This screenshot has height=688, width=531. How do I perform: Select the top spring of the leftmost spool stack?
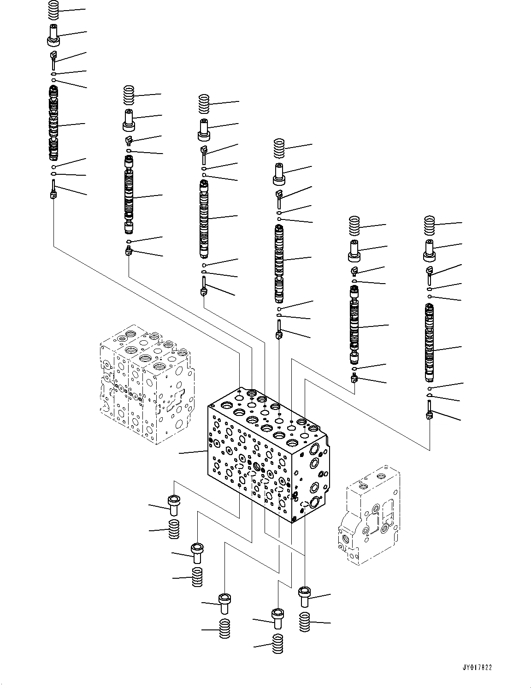pos(54,11)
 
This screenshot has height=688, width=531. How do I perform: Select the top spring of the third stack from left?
pos(204,103)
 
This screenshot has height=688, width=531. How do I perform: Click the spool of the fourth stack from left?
pos(279,261)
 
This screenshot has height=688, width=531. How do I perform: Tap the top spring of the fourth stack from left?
pos(279,148)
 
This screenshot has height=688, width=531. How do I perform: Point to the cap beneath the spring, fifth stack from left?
pos(354,250)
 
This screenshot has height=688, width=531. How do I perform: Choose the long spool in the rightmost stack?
pos(430,344)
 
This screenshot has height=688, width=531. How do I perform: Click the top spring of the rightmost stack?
pos(430,225)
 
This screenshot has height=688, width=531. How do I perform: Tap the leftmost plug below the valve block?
pos(174,505)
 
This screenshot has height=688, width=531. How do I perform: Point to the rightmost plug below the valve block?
pos(305,598)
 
